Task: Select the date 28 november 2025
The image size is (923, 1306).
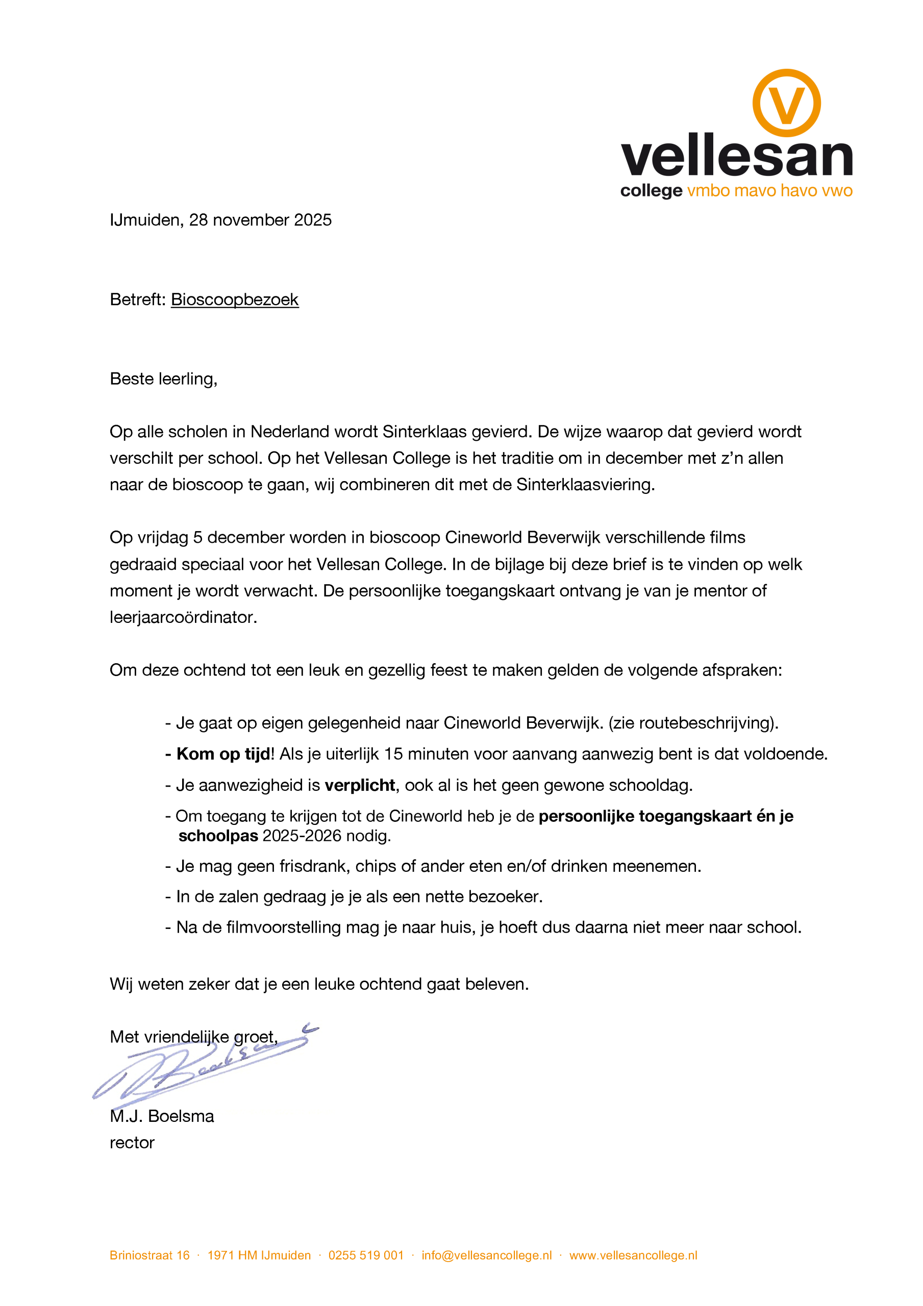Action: click(x=260, y=220)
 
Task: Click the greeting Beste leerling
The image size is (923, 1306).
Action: click(x=163, y=379)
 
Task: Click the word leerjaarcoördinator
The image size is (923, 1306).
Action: click(x=183, y=617)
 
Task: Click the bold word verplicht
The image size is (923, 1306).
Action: click(x=360, y=786)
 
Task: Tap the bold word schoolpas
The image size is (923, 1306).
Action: click(x=218, y=836)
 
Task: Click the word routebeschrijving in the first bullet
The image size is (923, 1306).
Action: click(x=707, y=723)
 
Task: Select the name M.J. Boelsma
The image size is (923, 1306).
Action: click(x=162, y=1116)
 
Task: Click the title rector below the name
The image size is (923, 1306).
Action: click(x=132, y=1143)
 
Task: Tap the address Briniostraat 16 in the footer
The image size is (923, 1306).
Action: click(x=149, y=1255)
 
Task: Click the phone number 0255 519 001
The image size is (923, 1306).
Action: click(x=366, y=1255)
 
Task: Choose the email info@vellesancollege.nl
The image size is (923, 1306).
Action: click(x=487, y=1255)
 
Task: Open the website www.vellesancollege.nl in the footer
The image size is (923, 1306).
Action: click(x=633, y=1255)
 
